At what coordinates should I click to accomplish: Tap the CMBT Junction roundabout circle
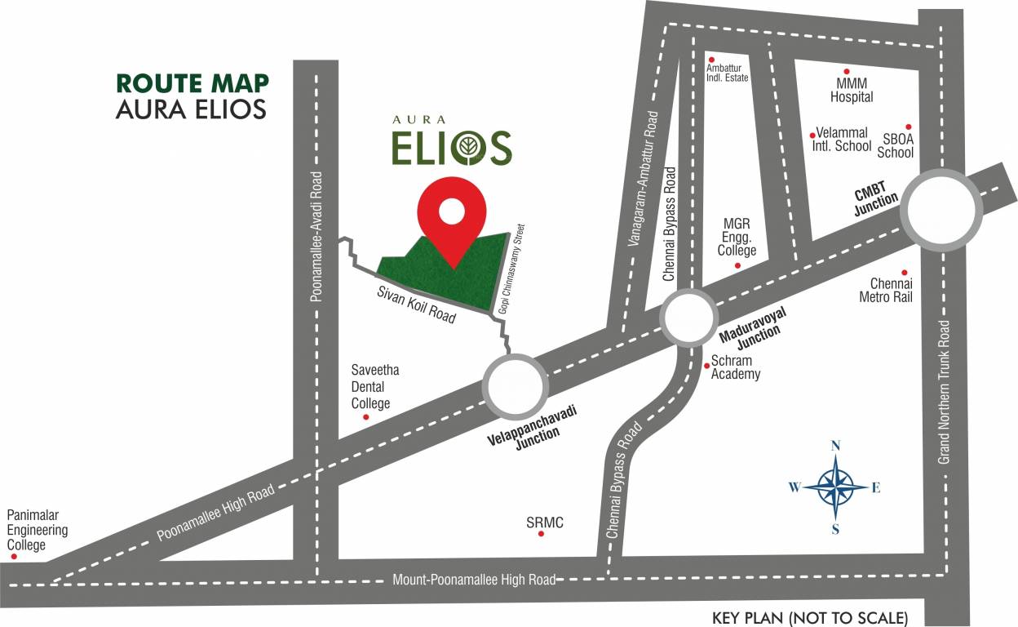(x=941, y=209)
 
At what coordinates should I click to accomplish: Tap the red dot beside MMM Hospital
(x=847, y=72)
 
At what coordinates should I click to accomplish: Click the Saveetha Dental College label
(x=374, y=387)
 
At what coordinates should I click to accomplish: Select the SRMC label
(x=545, y=522)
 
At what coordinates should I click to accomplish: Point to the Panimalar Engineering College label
(x=38, y=530)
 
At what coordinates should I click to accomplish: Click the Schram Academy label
(x=736, y=367)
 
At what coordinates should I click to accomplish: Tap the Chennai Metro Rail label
(x=885, y=291)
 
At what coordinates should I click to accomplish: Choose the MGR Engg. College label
(x=737, y=237)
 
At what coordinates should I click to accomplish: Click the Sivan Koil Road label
(x=416, y=305)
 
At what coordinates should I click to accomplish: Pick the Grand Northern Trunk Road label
(x=945, y=392)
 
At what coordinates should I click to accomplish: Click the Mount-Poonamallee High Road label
(x=473, y=580)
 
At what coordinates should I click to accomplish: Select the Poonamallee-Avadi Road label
(x=318, y=236)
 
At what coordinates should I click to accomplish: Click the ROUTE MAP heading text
(x=193, y=83)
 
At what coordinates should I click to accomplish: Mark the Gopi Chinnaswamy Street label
(x=511, y=269)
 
